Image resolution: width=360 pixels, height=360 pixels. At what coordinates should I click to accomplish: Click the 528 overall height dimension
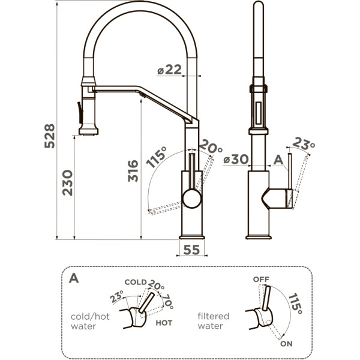[50, 136]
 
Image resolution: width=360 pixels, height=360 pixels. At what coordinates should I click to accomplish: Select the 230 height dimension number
[67, 183]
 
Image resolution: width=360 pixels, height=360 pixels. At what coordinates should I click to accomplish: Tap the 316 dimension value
[133, 171]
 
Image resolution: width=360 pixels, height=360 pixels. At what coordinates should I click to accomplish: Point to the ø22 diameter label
[169, 70]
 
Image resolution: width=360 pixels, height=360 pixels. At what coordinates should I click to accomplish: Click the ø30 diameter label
[236, 159]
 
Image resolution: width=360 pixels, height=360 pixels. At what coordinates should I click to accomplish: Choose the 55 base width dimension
[192, 250]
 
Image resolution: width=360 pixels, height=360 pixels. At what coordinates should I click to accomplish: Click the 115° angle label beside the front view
[157, 157]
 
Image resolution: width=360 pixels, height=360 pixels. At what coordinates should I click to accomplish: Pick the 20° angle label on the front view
[211, 146]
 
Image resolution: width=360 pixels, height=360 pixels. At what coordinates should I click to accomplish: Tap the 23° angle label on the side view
[304, 143]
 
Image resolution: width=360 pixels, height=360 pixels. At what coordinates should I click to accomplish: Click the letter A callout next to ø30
[278, 160]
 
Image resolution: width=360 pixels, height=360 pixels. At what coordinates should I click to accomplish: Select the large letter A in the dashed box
[74, 278]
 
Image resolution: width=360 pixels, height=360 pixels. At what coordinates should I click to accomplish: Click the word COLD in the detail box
[136, 282]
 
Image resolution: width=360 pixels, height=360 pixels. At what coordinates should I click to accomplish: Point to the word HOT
[164, 323]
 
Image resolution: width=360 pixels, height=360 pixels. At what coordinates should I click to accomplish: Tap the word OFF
[261, 280]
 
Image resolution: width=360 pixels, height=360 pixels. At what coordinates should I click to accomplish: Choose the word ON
[286, 344]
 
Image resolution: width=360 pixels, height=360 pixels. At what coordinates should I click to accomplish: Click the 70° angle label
[168, 302]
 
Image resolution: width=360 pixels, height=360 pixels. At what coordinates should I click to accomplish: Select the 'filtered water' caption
[214, 321]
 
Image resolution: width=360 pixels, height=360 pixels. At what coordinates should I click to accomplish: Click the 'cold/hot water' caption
[90, 321]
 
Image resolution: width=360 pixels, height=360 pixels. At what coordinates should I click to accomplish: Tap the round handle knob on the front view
[192, 199]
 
